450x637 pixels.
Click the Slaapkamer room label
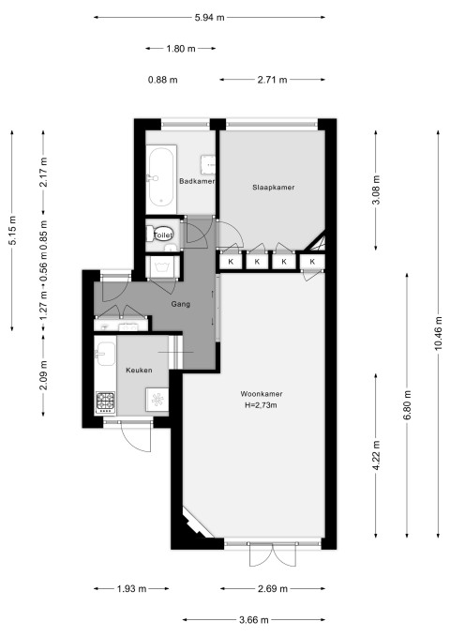(274, 188)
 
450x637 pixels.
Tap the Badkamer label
(197, 181)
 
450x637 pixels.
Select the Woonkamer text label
(262, 394)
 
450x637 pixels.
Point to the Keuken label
(139, 370)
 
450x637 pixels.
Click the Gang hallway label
(180, 304)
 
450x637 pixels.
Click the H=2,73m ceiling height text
(262, 405)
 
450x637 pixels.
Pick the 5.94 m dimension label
(210, 18)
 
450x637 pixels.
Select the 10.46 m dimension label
(438, 333)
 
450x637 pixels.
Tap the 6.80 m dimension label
(408, 405)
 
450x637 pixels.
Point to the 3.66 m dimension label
(254, 620)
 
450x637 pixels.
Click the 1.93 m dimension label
(131, 588)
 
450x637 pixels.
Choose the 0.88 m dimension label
(163, 80)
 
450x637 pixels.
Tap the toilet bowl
(162, 234)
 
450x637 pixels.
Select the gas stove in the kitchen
(106, 402)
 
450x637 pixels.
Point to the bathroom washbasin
(209, 164)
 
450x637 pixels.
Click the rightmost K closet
(312, 262)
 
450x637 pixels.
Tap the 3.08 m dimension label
(376, 190)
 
